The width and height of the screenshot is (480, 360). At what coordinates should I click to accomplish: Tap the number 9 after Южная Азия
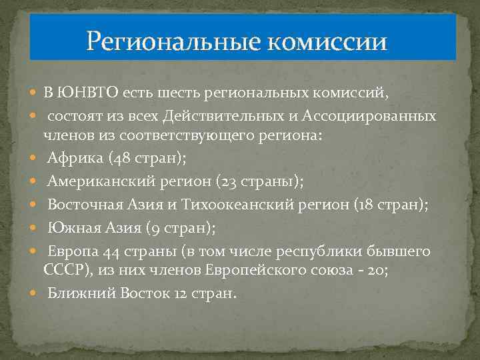tap(133, 229)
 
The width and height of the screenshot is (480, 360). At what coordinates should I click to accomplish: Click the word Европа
tap(74, 252)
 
